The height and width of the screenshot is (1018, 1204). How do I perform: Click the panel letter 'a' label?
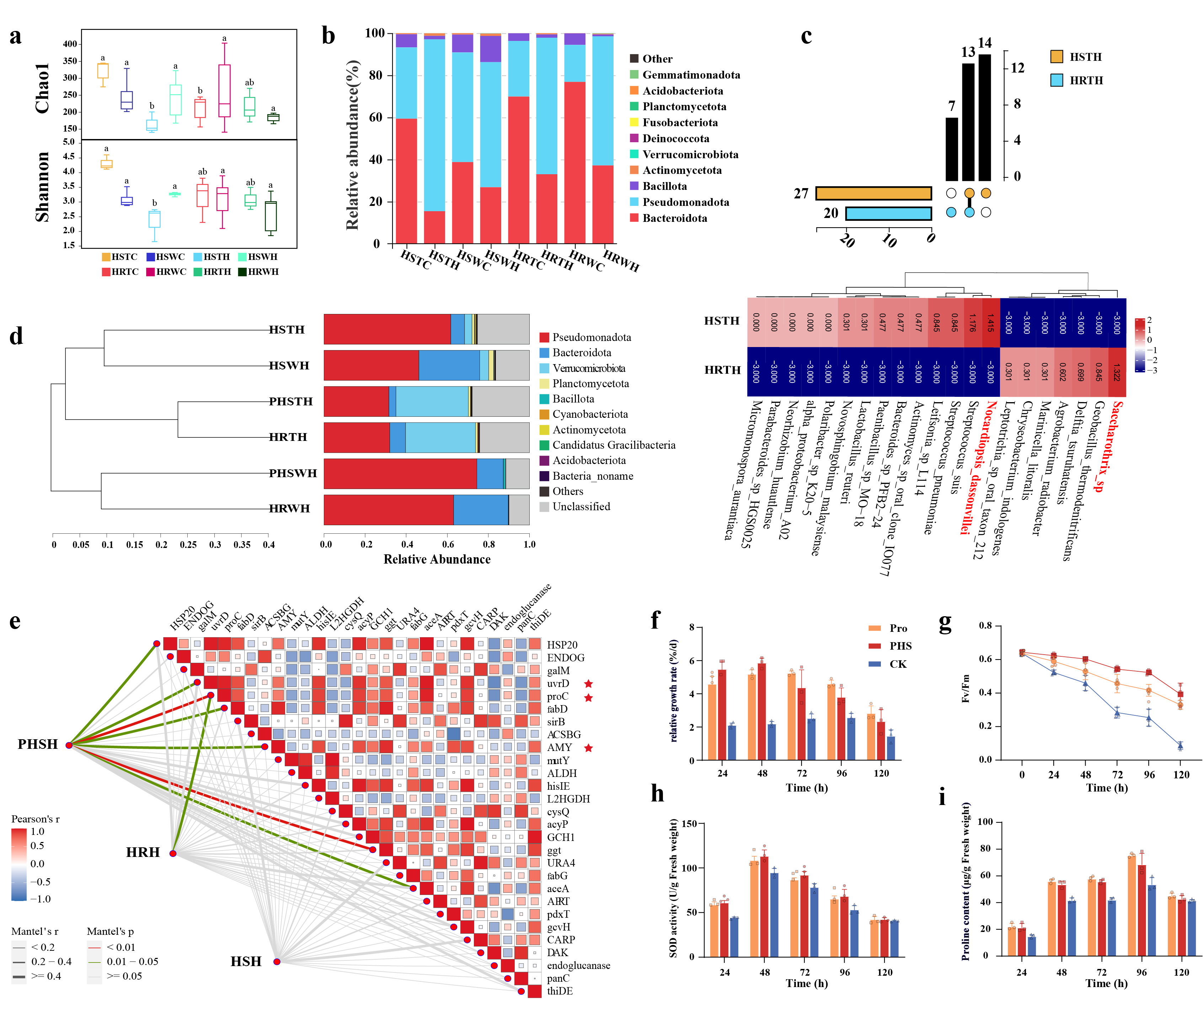click(16, 36)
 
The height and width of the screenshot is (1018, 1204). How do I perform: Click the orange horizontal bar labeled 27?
click(873, 193)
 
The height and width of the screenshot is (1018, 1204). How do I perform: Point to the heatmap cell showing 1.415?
click(991, 322)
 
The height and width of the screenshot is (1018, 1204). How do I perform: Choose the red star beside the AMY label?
click(588, 748)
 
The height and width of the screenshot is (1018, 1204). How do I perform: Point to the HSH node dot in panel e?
click(277, 961)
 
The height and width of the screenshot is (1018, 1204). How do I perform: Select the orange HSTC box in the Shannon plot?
click(106, 164)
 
